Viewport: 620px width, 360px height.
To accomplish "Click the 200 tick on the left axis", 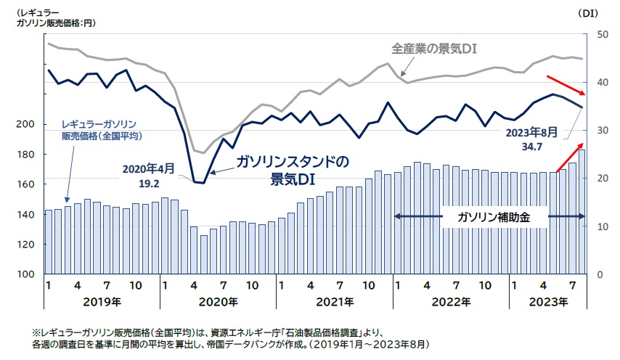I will (25, 125).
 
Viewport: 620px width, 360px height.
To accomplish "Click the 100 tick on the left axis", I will (25, 274).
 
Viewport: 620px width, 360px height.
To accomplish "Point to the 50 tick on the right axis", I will (602, 35).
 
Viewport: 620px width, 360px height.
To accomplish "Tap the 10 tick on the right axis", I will (602, 226).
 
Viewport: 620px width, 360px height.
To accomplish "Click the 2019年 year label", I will (102, 301).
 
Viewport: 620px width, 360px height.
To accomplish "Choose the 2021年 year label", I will (335, 301).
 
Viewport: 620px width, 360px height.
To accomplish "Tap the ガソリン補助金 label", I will (488, 217).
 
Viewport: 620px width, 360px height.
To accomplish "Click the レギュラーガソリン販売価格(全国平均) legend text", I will (100, 130).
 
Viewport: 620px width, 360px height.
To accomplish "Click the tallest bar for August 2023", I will (582, 210).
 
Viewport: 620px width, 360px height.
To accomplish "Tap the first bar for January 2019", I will (49, 242).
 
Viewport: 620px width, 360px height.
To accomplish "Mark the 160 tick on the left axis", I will (25, 184).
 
